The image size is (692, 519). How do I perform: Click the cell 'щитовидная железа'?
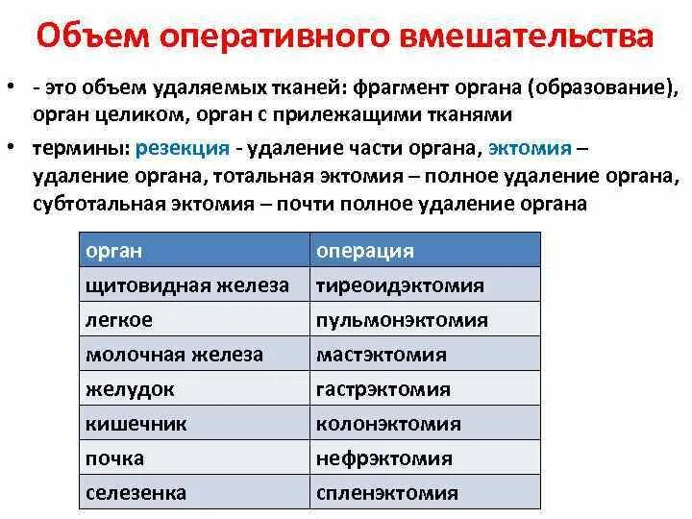pyautogui.click(x=187, y=285)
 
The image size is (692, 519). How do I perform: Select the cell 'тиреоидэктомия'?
pyautogui.click(x=400, y=285)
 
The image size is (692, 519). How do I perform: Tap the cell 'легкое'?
pyautogui.click(x=119, y=320)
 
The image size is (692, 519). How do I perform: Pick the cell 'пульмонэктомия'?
pyautogui.click(x=402, y=320)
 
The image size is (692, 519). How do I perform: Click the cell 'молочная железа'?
pyautogui.click(x=175, y=355)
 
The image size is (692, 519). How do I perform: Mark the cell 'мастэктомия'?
pyautogui.click(x=382, y=355)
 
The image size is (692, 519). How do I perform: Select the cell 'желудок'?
pyautogui.click(x=131, y=389)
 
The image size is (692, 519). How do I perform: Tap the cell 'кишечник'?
pyautogui.click(x=136, y=424)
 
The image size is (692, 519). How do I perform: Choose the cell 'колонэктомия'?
pyautogui.click(x=388, y=424)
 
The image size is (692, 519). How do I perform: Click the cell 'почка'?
pyautogui.click(x=115, y=458)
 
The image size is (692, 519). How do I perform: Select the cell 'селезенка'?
pyautogui.click(x=136, y=493)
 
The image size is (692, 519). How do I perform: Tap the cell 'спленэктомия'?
pyautogui.click(x=387, y=493)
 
